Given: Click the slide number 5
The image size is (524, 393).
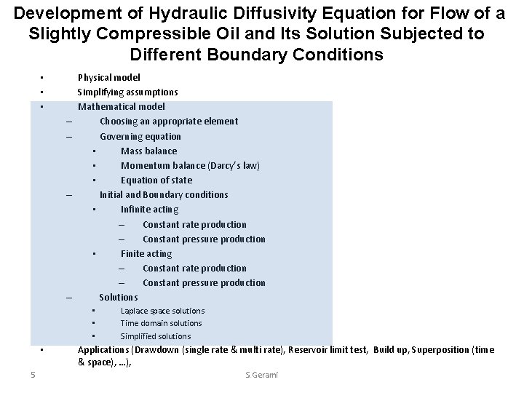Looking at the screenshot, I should click(x=33, y=375).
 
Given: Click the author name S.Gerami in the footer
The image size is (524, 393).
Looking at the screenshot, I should click(x=262, y=375).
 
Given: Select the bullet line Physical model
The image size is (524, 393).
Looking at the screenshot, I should click(x=109, y=77).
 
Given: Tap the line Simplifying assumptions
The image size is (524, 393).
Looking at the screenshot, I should click(x=127, y=92).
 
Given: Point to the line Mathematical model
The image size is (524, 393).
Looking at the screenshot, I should click(x=122, y=106).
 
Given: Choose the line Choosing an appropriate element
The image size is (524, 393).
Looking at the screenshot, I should click(x=169, y=121).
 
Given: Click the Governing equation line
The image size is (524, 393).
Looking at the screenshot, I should click(x=140, y=136).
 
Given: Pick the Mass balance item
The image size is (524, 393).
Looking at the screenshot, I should click(x=148, y=151).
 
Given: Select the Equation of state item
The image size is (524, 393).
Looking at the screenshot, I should click(x=156, y=180).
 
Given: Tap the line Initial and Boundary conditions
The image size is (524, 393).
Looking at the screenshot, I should click(x=164, y=194).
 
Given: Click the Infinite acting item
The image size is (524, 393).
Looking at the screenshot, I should click(x=149, y=210).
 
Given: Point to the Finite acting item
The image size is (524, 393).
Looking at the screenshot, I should click(x=146, y=253).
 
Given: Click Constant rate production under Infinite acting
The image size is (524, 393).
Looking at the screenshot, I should click(x=194, y=224).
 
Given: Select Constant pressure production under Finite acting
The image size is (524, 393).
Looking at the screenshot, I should click(x=204, y=282).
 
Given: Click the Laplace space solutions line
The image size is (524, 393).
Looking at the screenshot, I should click(x=162, y=311).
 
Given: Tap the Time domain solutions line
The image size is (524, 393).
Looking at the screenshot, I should click(x=161, y=323).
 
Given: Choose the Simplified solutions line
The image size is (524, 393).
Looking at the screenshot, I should click(x=156, y=336).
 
